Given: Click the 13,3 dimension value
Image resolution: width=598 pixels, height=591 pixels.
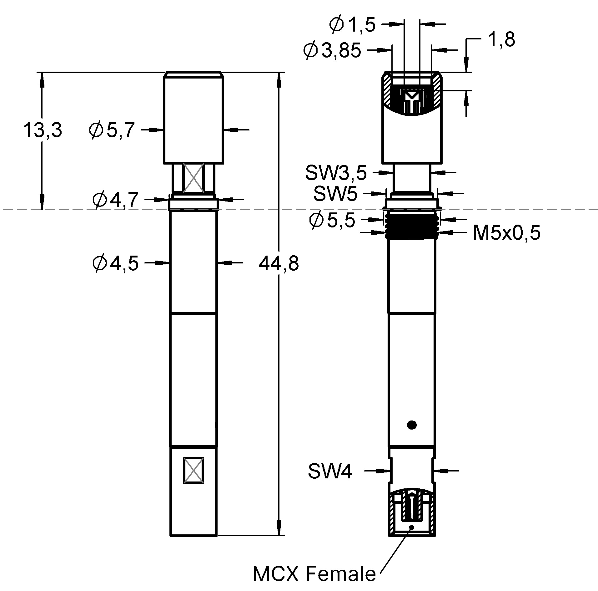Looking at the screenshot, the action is pyautogui.click(x=43, y=130).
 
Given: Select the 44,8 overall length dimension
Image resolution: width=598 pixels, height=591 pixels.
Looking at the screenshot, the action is pyautogui.click(x=279, y=263).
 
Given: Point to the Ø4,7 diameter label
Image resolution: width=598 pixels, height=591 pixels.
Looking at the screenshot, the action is pyautogui.click(x=115, y=200).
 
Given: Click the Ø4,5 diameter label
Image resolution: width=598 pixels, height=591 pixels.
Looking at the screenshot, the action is pyautogui.click(x=115, y=263).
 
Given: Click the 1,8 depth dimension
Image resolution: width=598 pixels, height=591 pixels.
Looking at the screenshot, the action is pyautogui.click(x=501, y=40).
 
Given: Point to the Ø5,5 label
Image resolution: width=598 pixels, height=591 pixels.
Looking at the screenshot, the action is pyautogui.click(x=332, y=220).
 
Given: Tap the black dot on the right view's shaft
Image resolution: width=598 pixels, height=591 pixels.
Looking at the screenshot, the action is pyautogui.click(x=412, y=425).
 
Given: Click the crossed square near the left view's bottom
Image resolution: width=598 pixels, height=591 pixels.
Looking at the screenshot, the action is pyautogui.click(x=194, y=470).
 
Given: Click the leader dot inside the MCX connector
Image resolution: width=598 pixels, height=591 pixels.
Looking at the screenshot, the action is pyautogui.click(x=412, y=527).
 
